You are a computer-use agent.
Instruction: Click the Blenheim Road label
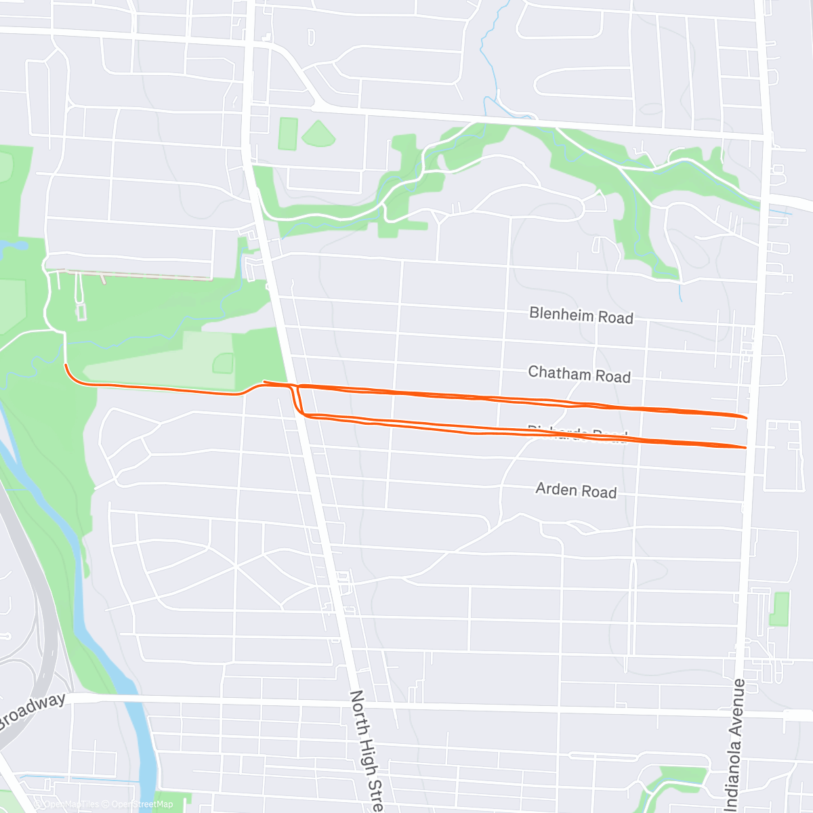coord(581,315)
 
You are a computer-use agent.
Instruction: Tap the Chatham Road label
coord(579,374)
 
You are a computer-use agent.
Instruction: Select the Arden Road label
coord(576,490)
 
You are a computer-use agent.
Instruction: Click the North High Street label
coord(366,749)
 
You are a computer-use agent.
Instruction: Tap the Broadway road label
coord(33,710)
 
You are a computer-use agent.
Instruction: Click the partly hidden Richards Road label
coord(577,433)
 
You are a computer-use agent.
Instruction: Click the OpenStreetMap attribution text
coord(142,805)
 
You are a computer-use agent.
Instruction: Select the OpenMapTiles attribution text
coord(70,805)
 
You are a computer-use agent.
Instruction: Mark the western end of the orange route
coord(65,365)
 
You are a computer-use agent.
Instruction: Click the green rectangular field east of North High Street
coord(288,133)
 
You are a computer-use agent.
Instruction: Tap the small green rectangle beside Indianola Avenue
coord(780,608)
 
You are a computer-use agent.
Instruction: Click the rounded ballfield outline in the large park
coord(223,364)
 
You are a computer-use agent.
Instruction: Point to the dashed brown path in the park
coord(135,274)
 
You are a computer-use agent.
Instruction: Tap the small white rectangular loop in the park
coord(81,312)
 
